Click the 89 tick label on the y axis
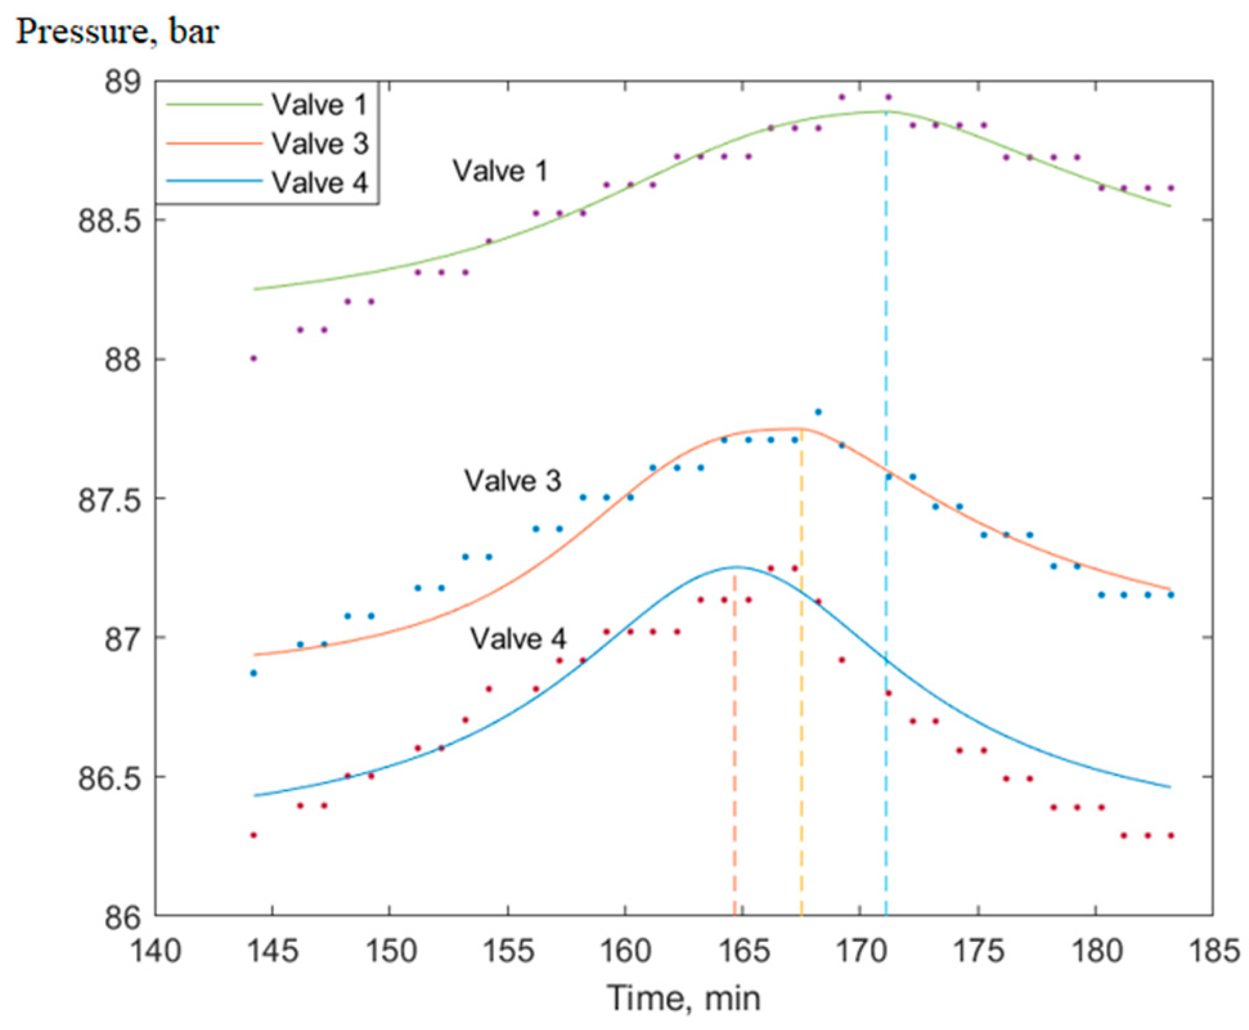point(122,82)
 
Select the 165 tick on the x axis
point(743,950)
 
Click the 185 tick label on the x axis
point(1212,950)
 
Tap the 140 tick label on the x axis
point(156,950)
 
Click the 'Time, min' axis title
point(684,998)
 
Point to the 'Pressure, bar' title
point(117,31)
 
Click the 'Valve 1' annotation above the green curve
point(500,171)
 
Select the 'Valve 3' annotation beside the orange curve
point(513,481)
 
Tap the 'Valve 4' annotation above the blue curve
point(518,638)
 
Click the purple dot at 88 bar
point(253,358)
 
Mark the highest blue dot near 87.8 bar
point(818,412)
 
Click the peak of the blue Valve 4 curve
point(736,567)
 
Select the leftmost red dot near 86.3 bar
point(253,835)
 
